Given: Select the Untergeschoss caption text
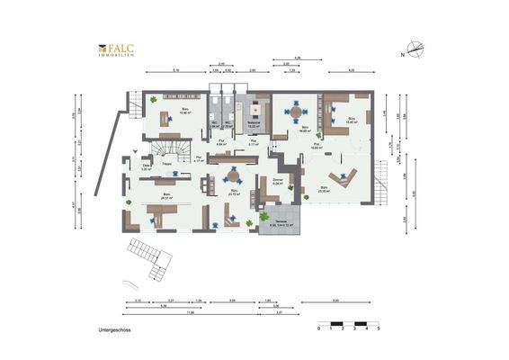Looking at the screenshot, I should tap(115, 330).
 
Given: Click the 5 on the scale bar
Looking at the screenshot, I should tap(380, 329).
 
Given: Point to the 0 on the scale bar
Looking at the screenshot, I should tap(319, 329).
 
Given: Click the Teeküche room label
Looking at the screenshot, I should tap(254, 125).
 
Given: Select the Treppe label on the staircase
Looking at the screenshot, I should tap(167, 163).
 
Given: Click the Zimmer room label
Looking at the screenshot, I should tap(277, 181).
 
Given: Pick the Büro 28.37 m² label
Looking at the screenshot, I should tap(165, 195).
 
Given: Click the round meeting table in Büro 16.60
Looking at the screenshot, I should tap(295, 112).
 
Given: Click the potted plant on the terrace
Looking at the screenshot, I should tap(263, 216).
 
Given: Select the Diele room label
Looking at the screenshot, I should tap(147, 167).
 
